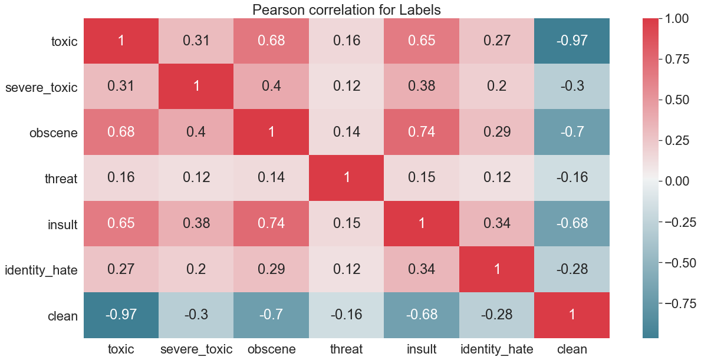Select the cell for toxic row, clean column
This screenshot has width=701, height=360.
click(572, 41)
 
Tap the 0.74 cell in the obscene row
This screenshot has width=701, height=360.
click(422, 132)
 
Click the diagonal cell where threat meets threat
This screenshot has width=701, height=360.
click(346, 177)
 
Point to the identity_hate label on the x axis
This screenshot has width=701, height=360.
click(496, 349)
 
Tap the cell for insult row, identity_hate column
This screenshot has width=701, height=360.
click(496, 223)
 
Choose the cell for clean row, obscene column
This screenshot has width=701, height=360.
click(271, 315)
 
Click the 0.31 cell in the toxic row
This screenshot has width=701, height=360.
click(196, 41)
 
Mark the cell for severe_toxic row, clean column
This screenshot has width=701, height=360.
click(572, 87)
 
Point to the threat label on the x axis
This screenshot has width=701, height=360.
click(346, 349)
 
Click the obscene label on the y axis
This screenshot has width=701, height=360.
click(54, 133)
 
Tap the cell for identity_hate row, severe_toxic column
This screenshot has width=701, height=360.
click(196, 269)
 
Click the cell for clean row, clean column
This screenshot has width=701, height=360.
click(572, 315)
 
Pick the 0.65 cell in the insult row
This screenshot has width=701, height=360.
click(121, 223)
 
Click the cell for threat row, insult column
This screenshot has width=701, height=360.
click(422, 177)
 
